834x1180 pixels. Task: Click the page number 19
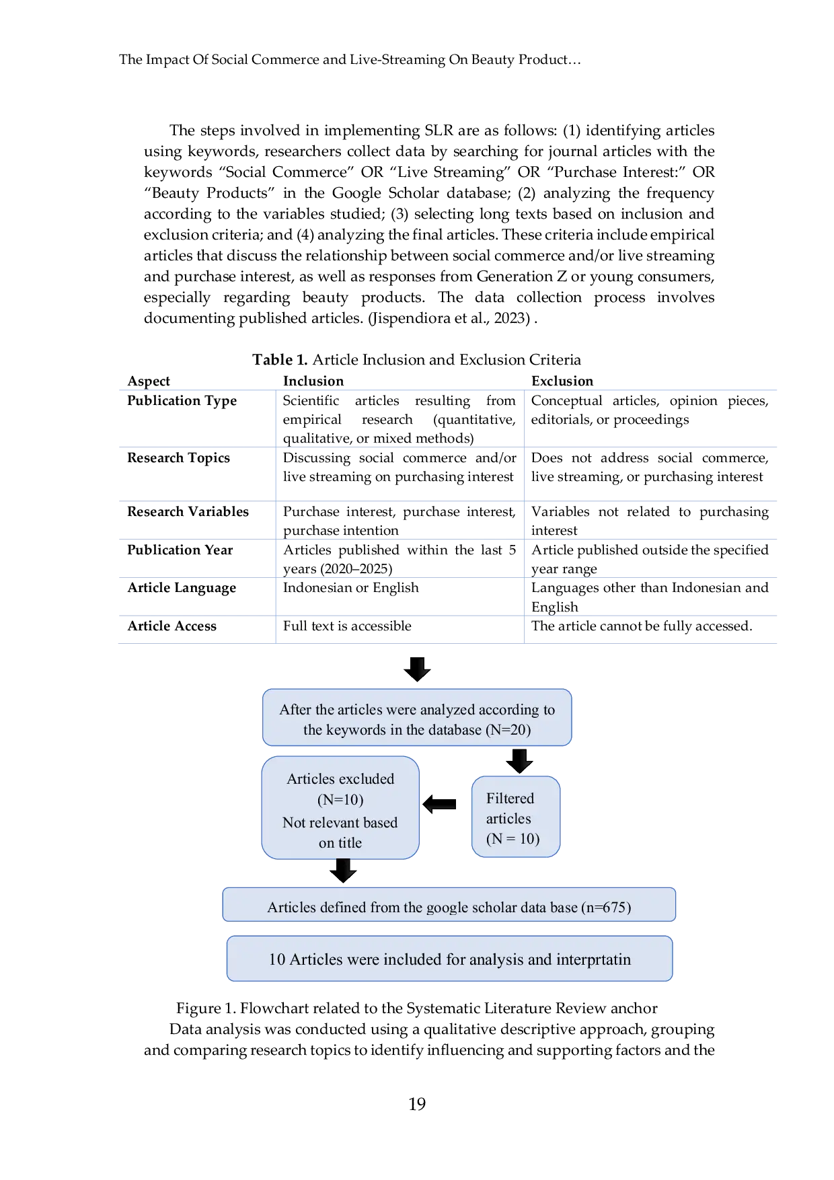(417, 1104)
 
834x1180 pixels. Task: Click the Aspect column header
(149, 381)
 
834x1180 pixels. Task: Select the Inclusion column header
(313, 381)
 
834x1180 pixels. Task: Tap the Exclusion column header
(562, 381)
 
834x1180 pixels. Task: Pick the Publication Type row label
(182, 400)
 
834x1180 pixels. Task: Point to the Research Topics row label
(179, 457)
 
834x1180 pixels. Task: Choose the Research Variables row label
(188, 511)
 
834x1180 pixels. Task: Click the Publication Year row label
(180, 550)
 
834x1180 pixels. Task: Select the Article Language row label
(182, 587)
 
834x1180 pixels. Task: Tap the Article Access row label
(172, 626)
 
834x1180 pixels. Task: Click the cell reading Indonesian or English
(351, 587)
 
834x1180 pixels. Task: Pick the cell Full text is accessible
(347, 626)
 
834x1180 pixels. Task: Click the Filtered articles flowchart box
(516, 817)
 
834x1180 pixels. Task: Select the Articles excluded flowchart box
(340, 807)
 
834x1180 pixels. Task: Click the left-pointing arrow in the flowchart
(439, 804)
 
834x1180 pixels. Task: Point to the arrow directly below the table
(417, 669)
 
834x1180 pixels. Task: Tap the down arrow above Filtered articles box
(519, 762)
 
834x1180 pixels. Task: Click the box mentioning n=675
(449, 904)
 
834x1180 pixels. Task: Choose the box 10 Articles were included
(449, 959)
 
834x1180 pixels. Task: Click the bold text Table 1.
(280, 359)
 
